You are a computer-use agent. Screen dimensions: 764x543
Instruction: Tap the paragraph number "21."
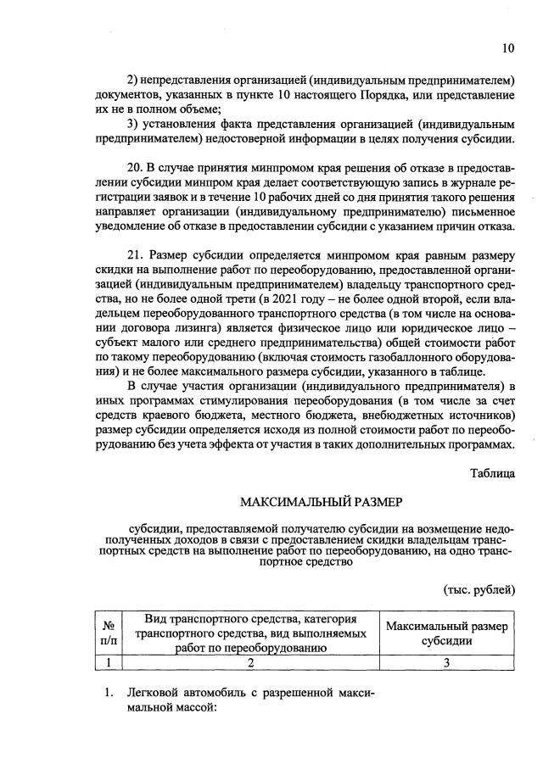click(136, 257)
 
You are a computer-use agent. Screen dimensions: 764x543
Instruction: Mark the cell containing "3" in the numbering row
click(446, 663)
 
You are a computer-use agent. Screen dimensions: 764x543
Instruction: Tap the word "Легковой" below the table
click(154, 693)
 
